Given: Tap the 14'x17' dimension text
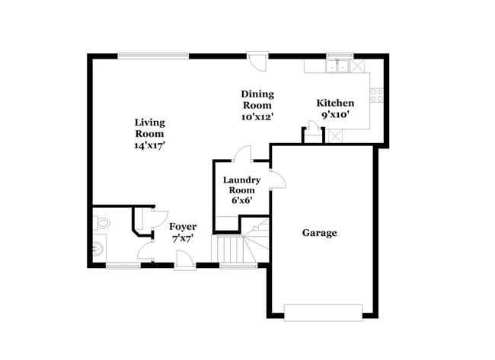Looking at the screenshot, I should click(x=149, y=145).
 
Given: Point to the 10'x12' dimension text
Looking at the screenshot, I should click(x=257, y=117).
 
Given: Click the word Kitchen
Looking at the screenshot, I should click(x=335, y=103).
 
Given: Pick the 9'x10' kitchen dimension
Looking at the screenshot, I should click(x=335, y=115).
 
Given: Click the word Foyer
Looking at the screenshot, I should click(x=183, y=227).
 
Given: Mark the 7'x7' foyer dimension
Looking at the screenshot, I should click(x=183, y=239).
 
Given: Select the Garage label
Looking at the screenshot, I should click(x=319, y=233).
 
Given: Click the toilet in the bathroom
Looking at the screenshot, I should click(x=101, y=223).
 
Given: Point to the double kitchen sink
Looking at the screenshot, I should click(x=337, y=66).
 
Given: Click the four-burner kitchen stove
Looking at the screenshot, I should click(x=376, y=94).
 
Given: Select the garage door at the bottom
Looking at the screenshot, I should click(x=323, y=311).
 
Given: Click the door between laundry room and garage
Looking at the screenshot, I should click(x=276, y=180).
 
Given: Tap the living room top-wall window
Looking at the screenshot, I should click(x=153, y=56).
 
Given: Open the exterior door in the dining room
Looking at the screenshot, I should click(x=257, y=59).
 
